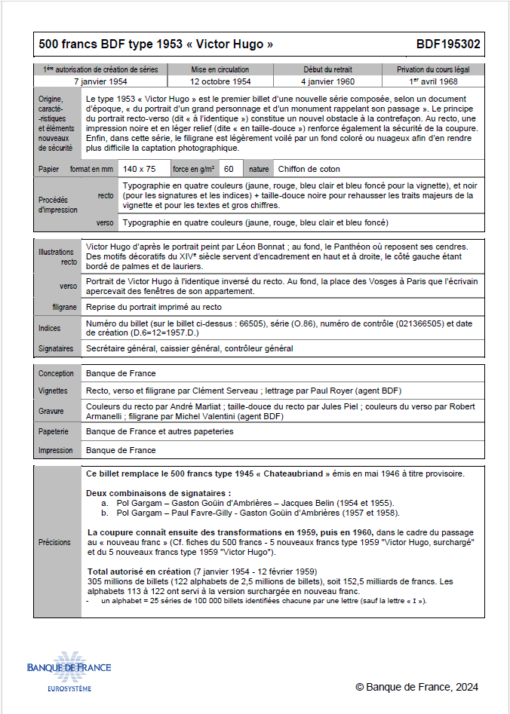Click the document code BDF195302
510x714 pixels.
click(x=447, y=44)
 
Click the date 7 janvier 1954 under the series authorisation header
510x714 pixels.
click(x=100, y=81)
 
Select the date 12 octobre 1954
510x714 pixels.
click(x=220, y=81)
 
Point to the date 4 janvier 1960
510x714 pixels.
click(x=327, y=81)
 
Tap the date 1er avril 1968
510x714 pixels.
click(x=433, y=81)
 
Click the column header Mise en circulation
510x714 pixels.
click(x=220, y=69)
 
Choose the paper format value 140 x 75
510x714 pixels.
click(x=140, y=169)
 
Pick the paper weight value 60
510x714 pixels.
click(x=229, y=169)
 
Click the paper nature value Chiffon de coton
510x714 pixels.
click(x=309, y=169)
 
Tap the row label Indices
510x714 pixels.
click(x=50, y=329)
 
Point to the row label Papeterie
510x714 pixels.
click(x=54, y=432)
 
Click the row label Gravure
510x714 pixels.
click(x=51, y=412)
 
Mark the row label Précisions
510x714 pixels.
click(x=55, y=542)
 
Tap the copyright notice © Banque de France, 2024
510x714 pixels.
click(x=416, y=687)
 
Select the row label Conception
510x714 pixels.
click(x=56, y=373)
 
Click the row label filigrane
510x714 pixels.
click(x=64, y=307)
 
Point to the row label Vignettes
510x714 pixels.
click(x=53, y=391)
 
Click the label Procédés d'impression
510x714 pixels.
click(x=58, y=205)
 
